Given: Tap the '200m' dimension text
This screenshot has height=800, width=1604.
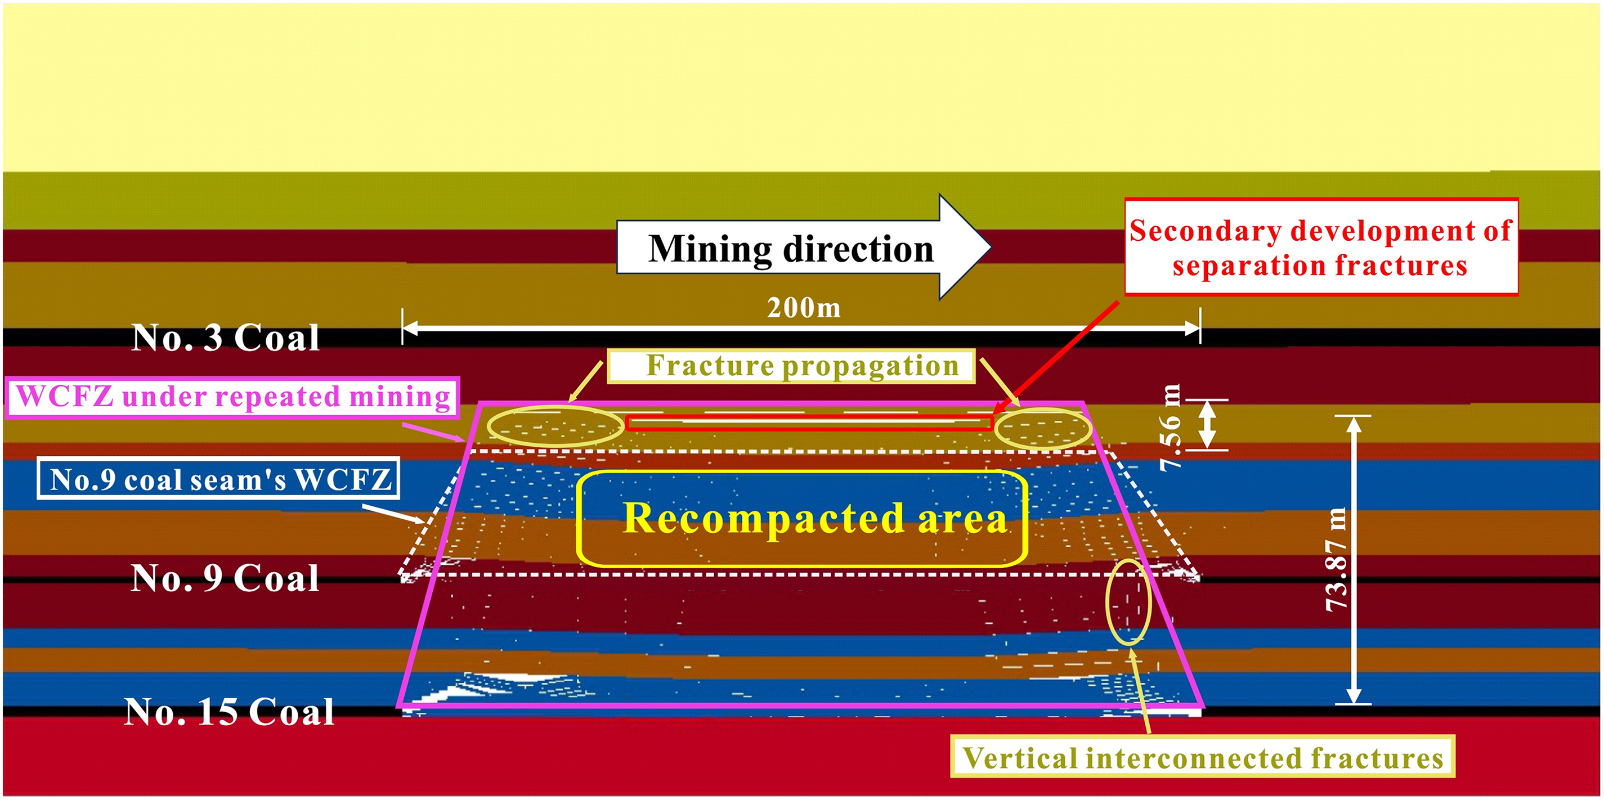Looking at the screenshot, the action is tap(803, 308).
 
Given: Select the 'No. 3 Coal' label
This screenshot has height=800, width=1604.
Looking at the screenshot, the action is tap(226, 338).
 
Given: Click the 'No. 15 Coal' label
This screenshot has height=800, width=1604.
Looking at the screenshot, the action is tap(229, 712).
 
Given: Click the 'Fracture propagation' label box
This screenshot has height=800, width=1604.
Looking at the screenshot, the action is tap(791, 366).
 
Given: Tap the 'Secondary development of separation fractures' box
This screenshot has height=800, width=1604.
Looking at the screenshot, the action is tap(1321, 247).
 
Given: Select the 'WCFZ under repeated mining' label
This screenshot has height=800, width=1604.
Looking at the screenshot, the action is tap(233, 397).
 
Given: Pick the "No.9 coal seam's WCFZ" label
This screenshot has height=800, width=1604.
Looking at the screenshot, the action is tap(218, 479).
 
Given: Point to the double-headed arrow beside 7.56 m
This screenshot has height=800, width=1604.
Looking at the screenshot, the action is tap(1207, 425).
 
